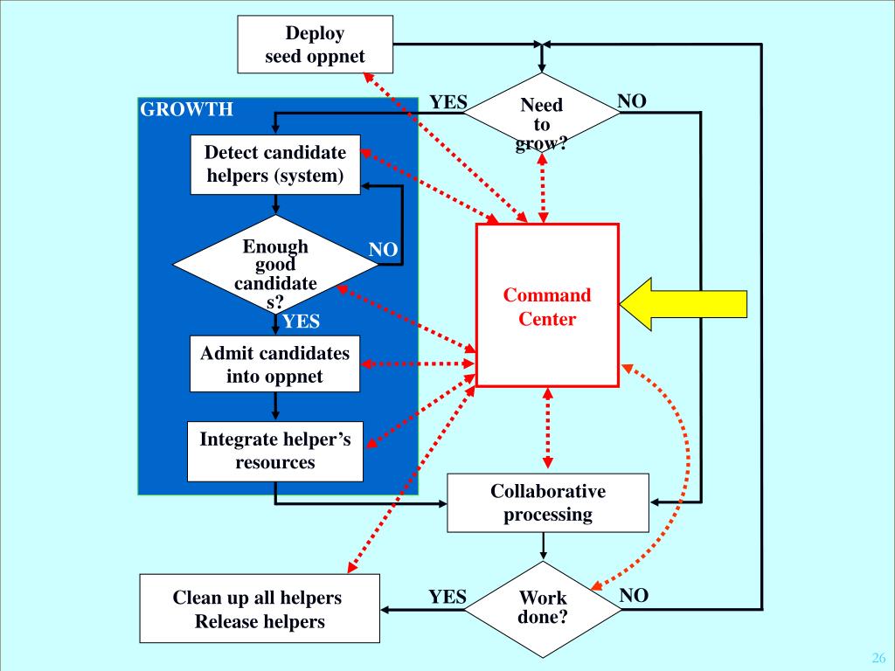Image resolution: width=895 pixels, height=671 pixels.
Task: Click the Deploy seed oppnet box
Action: pyautogui.click(x=315, y=45)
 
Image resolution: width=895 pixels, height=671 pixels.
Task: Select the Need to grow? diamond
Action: pyautogui.click(x=542, y=113)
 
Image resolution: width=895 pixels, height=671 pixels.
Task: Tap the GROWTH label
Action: pyautogui.click(x=187, y=109)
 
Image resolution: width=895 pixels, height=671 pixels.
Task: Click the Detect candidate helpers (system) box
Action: pyautogui.click(x=275, y=164)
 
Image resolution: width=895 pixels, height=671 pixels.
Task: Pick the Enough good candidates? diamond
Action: pyautogui.click(x=275, y=265)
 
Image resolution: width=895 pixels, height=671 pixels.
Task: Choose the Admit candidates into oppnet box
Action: pyautogui.click(x=275, y=364)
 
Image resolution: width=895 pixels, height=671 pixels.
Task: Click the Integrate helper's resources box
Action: pyautogui.click(x=275, y=452)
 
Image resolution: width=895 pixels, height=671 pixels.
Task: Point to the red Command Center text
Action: pyautogui.click(x=547, y=307)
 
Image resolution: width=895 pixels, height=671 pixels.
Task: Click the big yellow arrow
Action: pyautogui.click(x=683, y=304)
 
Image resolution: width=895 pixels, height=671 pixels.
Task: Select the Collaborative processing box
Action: pyautogui.click(x=548, y=502)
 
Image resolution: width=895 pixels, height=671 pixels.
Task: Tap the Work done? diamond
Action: pyautogui.click(x=543, y=609)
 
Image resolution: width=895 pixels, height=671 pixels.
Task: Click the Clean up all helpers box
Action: pyautogui.click(x=260, y=609)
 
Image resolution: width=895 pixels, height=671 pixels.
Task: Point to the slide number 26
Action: pyautogui.click(x=878, y=657)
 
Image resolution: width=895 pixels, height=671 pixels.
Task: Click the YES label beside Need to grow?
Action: pyautogui.click(x=448, y=102)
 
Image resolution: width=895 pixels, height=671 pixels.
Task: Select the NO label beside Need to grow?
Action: pyautogui.click(x=632, y=101)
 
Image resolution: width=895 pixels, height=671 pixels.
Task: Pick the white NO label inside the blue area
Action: pyautogui.click(x=383, y=249)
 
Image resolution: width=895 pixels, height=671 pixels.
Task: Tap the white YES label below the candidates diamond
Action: pyautogui.click(x=301, y=322)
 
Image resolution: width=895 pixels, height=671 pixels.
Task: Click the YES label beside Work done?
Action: pyautogui.click(x=447, y=597)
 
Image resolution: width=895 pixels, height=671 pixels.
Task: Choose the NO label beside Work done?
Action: pyautogui.click(x=635, y=595)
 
